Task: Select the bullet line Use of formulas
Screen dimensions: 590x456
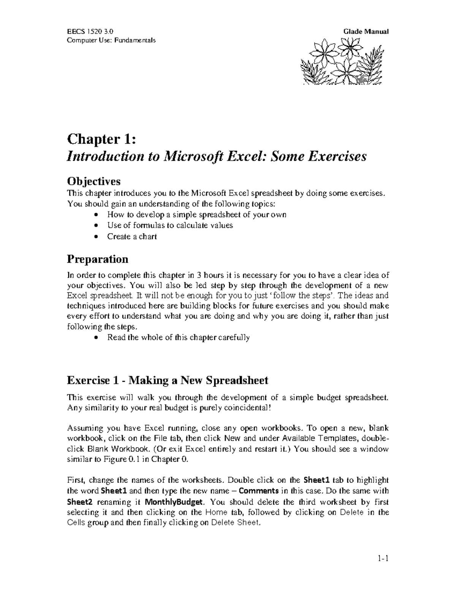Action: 170,225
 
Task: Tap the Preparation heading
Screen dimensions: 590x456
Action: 97,259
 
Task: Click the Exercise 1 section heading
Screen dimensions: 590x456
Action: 168,380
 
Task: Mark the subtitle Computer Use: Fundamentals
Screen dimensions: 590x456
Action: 111,40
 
